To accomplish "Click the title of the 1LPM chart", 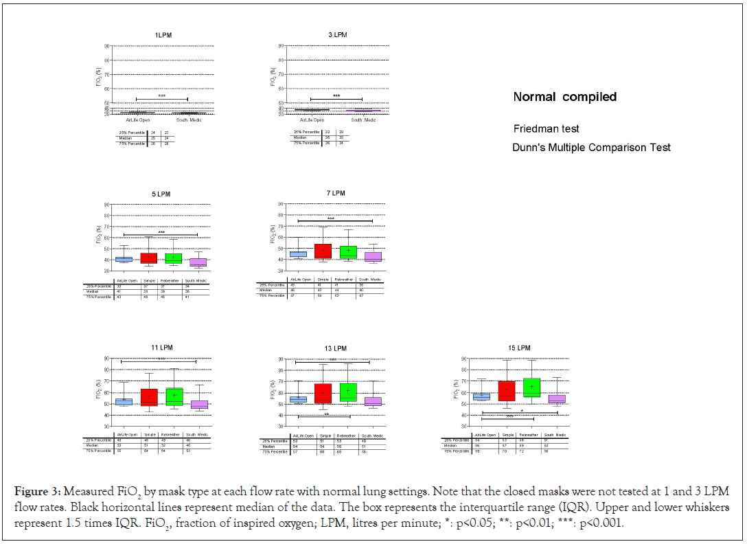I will pyautogui.click(x=163, y=34).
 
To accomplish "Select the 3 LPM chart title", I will pyautogui.click(x=337, y=34).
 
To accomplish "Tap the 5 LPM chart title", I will pyautogui.click(x=161, y=194).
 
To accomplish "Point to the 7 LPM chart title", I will pyautogui.click(x=336, y=194).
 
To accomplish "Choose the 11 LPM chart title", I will pyautogui.click(x=162, y=348).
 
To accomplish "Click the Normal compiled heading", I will pyautogui.click(x=565, y=97).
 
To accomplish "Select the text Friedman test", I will pyautogui.click(x=547, y=128).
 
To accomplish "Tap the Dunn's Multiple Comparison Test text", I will pyautogui.click(x=591, y=148).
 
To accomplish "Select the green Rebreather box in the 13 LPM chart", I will pyautogui.click(x=348, y=392).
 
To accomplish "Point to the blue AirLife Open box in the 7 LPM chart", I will pyautogui.click(x=298, y=254).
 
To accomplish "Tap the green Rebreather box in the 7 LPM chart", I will pyautogui.click(x=348, y=251).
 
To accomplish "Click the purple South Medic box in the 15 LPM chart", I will pyautogui.click(x=557, y=398).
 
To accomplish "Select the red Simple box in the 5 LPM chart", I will pyautogui.click(x=149, y=258).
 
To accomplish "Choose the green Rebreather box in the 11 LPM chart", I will pyautogui.click(x=174, y=396).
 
